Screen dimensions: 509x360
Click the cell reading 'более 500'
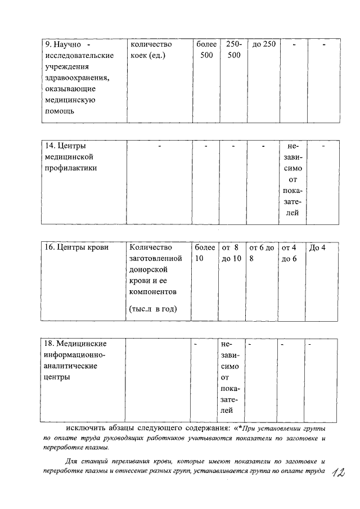(x=206, y=49)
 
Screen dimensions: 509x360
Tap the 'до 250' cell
(x=263, y=44)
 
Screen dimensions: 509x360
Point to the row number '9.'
(x=48, y=44)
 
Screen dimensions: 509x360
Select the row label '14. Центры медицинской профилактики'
(x=71, y=157)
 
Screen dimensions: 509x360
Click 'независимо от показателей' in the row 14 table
(x=292, y=179)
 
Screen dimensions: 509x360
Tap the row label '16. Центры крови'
(x=76, y=247)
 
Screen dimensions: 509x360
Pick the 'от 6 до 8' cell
(x=262, y=253)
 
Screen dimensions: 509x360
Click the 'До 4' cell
(x=317, y=247)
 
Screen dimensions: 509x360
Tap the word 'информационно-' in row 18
(x=74, y=355)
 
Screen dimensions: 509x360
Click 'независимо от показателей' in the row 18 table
(x=231, y=377)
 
